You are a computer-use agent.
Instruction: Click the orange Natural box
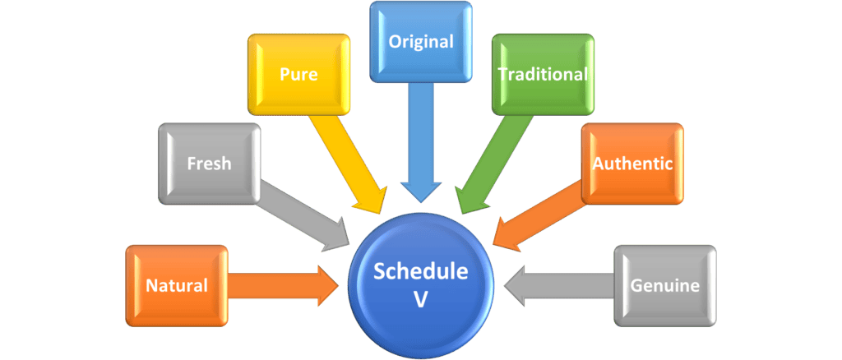pos(177,285)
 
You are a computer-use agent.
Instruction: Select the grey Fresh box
pos(209,163)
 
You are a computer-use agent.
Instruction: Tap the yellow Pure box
pos(298,74)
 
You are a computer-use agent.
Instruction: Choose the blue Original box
pos(421,41)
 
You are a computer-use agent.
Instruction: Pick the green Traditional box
pos(543,74)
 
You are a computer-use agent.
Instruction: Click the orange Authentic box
pos(632,163)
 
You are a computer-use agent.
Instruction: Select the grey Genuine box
pos(665,285)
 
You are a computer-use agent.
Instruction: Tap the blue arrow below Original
pos(421,140)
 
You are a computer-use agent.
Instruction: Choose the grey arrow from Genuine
pos(559,285)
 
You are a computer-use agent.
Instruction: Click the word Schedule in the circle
pos(421,272)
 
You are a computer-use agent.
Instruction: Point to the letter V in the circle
pos(421,300)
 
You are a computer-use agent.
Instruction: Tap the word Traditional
pos(543,74)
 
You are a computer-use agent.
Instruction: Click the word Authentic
pos(632,163)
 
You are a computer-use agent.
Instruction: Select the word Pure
pos(298,74)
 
